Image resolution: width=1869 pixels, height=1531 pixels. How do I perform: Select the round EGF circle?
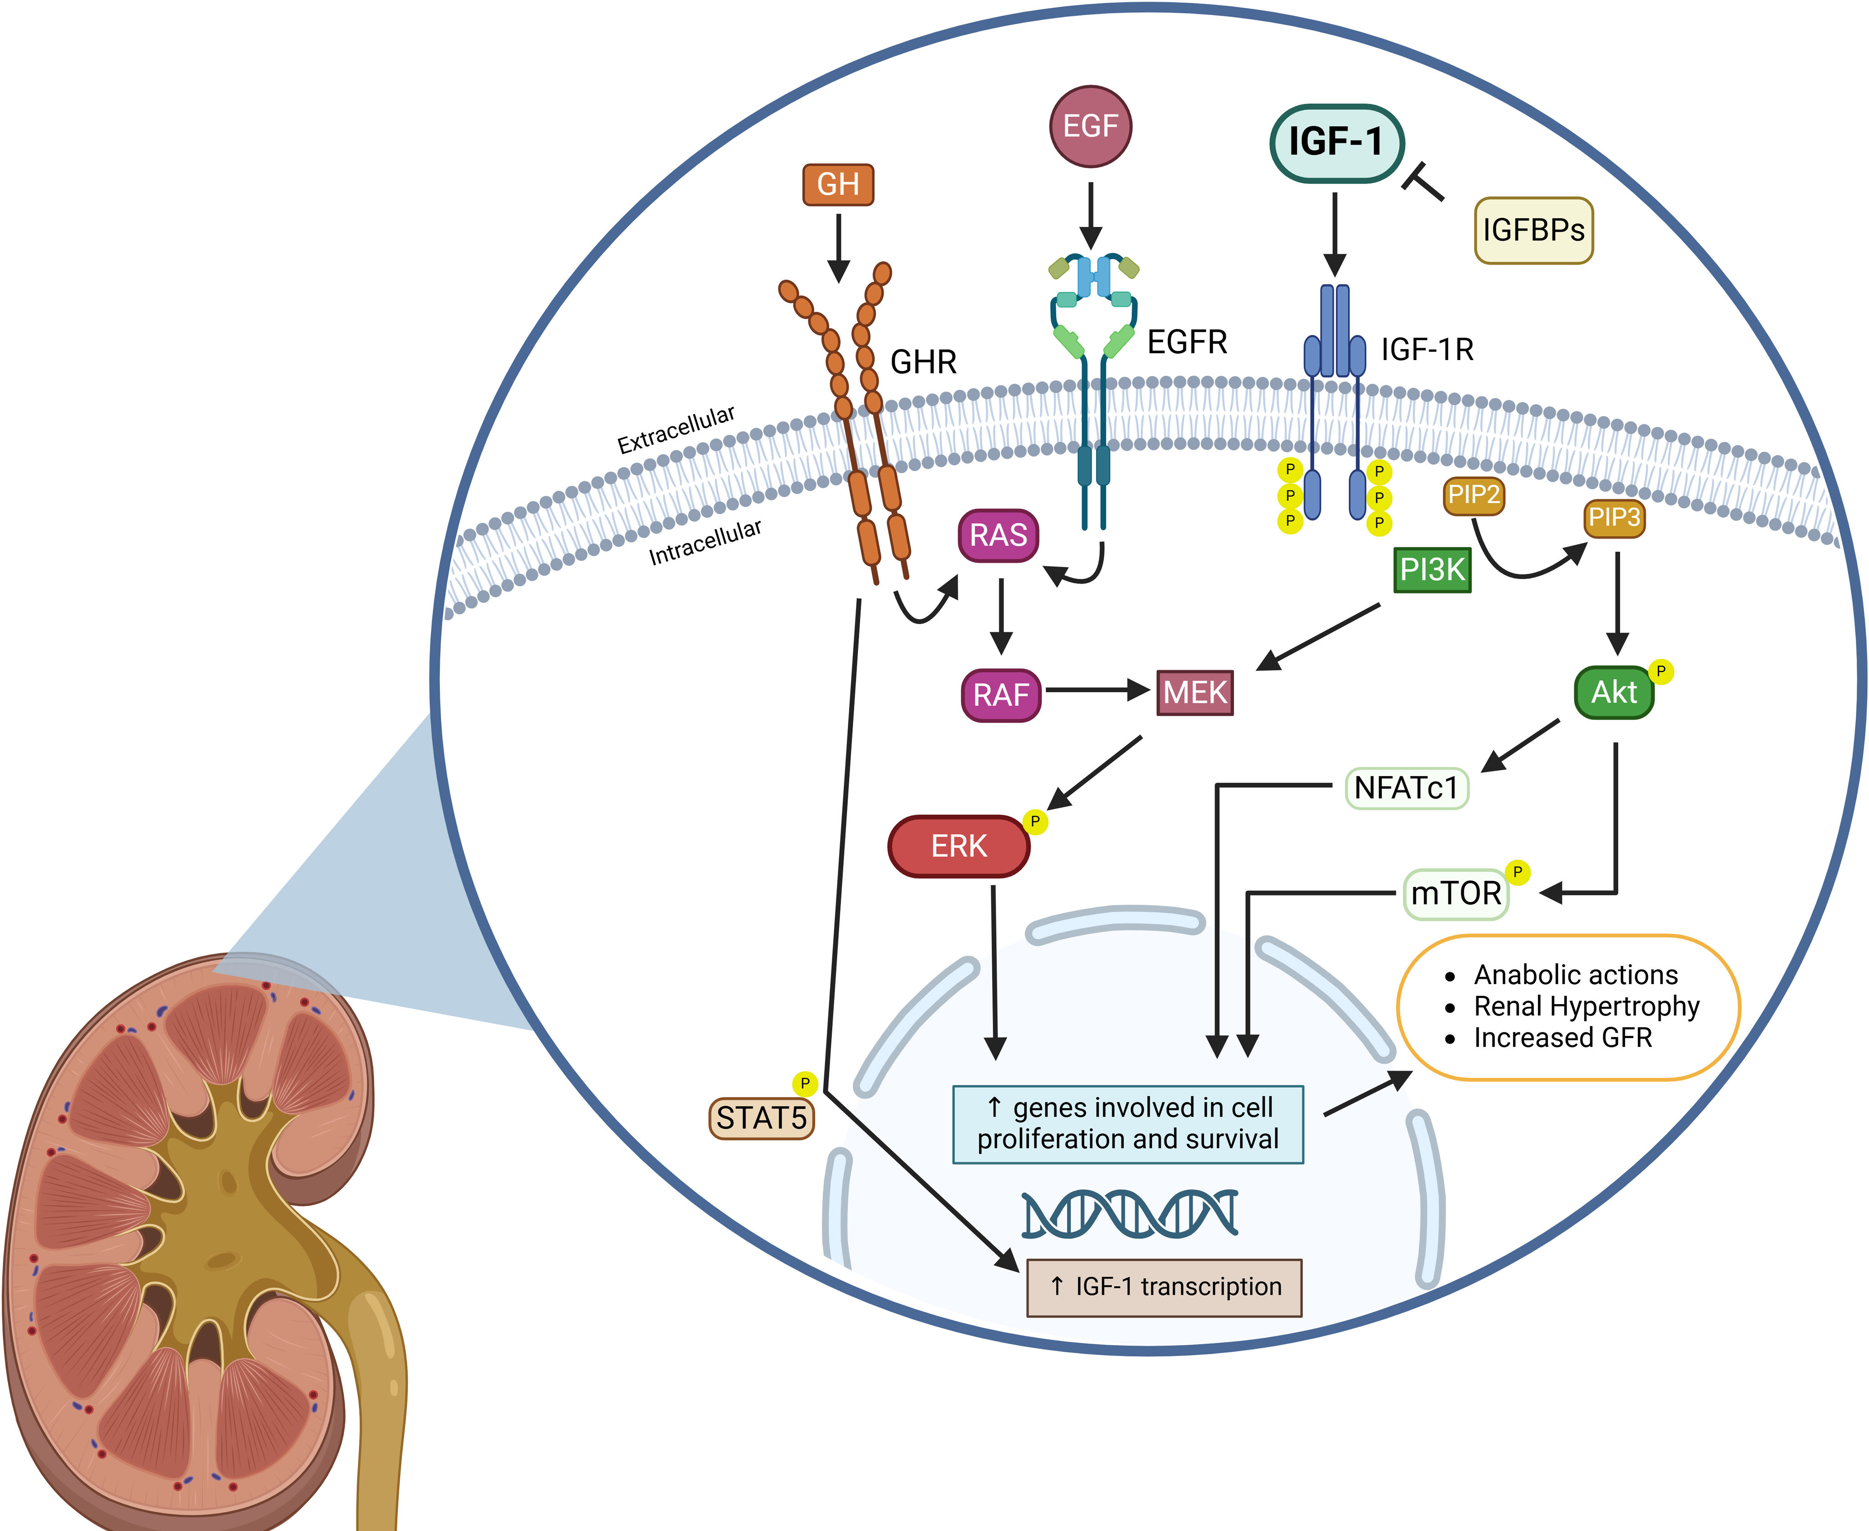1090,126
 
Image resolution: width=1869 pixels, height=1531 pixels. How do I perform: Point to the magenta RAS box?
998,535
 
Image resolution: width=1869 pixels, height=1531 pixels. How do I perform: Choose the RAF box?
1001,695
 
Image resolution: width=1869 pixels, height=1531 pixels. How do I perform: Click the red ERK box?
959,846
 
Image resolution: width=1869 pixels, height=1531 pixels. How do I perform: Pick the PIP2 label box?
1473,495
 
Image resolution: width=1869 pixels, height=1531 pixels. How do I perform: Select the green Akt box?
1613,692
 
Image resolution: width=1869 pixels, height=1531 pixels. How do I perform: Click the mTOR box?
1456,893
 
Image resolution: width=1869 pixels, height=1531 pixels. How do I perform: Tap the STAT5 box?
761,1118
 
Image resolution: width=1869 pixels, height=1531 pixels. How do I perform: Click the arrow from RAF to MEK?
1098,690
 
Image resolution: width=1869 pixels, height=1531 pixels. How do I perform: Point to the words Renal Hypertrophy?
1586,1006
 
